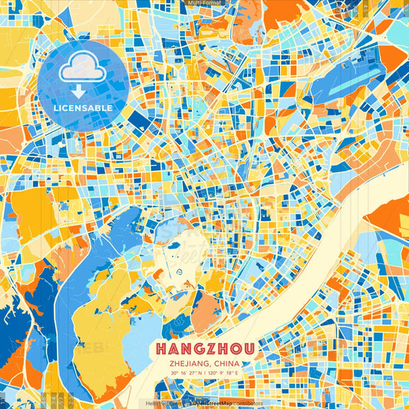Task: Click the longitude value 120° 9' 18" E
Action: (x=223, y=373)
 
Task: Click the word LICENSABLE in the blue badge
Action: (x=83, y=108)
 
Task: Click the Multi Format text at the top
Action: (x=204, y=4)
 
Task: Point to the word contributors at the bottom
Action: (x=246, y=403)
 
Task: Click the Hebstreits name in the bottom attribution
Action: (x=160, y=403)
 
